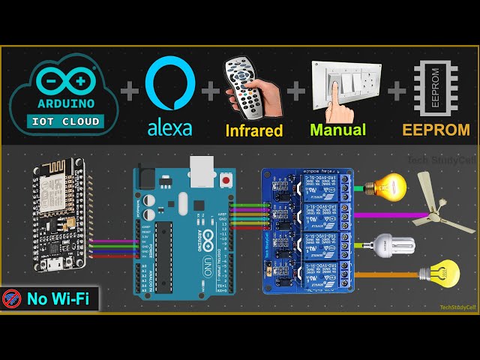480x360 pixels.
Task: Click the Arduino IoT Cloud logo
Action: tap(63, 94)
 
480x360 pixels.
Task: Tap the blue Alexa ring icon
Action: tap(169, 85)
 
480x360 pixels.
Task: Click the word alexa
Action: tap(169, 127)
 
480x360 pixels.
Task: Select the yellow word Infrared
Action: tap(254, 130)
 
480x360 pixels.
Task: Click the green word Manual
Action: tap(337, 130)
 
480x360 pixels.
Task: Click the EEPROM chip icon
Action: tap(436, 87)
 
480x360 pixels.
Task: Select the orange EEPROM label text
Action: tap(436, 129)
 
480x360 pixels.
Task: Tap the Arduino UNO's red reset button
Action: tap(224, 181)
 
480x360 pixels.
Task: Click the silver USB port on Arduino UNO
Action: tap(201, 171)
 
